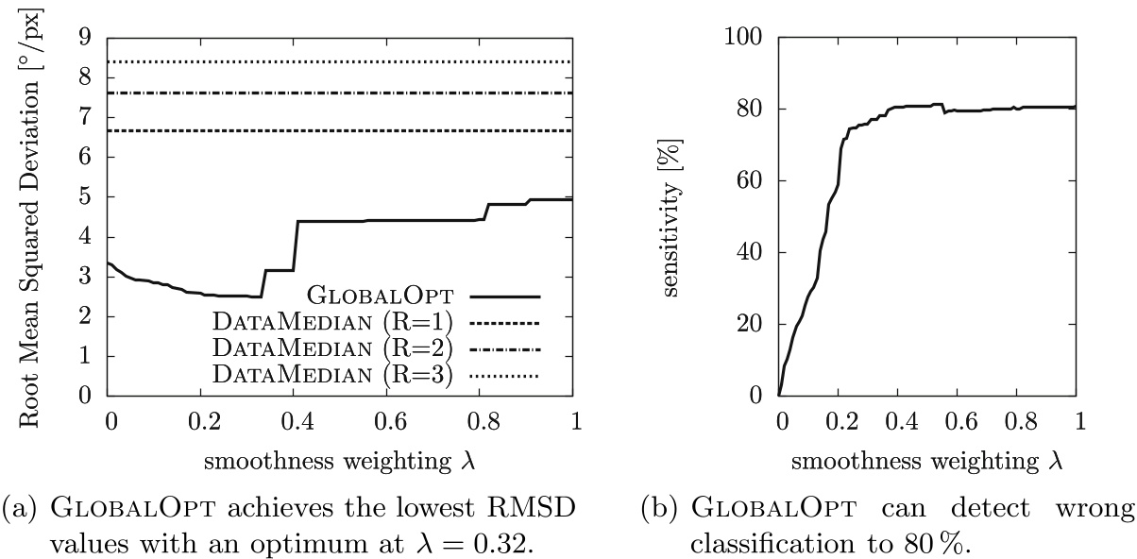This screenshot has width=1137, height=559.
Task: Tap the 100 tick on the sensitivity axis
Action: (743, 38)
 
